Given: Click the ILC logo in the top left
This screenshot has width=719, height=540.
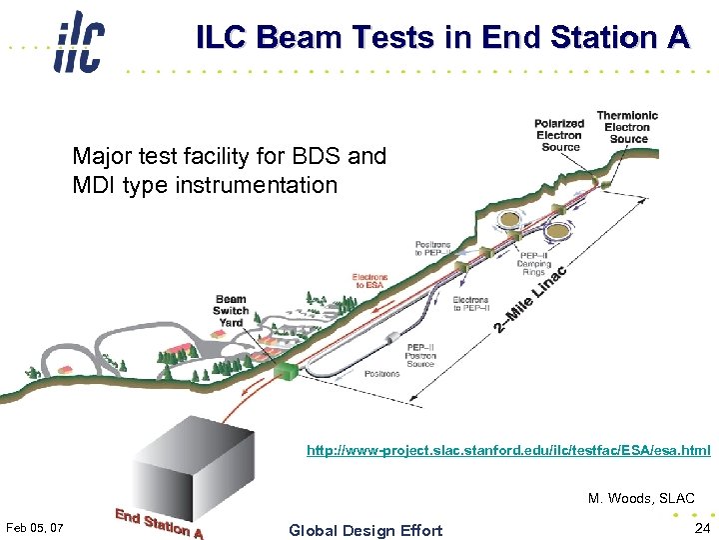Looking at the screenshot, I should [x=80, y=42].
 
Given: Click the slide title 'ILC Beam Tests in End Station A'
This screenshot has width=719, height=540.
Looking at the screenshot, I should [x=442, y=37].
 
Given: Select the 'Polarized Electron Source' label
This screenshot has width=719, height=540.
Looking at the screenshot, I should [x=559, y=135].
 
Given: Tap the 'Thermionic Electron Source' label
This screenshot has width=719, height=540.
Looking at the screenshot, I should [x=628, y=127].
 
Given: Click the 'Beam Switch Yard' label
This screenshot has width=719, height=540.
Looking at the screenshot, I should [x=231, y=310].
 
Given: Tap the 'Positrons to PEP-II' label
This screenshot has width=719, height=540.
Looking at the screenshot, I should [x=433, y=248].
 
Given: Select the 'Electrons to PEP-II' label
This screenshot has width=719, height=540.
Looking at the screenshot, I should [x=470, y=303].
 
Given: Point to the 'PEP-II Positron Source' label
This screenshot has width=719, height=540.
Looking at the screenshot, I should [x=420, y=353].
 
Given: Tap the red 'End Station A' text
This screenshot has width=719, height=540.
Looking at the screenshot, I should [x=159, y=524].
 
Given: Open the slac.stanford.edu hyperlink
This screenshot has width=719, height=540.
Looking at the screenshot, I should [x=508, y=451].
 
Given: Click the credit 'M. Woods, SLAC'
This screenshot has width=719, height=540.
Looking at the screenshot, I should [x=641, y=498].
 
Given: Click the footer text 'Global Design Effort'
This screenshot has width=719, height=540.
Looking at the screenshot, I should [x=364, y=530].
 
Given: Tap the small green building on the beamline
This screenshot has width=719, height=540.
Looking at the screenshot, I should [x=287, y=371].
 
